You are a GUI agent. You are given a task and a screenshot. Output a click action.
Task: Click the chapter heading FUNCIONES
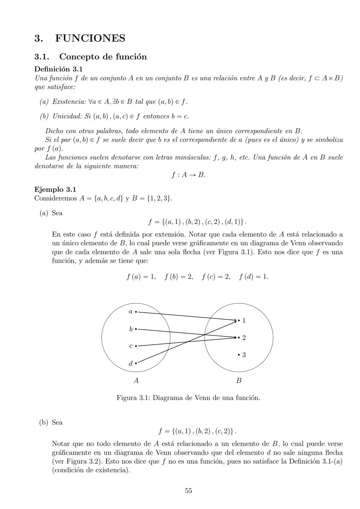90,38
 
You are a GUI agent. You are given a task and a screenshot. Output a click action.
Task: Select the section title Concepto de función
103,57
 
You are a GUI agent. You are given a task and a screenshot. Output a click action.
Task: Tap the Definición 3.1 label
58,69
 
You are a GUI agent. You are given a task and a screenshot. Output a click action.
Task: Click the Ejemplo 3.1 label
55,189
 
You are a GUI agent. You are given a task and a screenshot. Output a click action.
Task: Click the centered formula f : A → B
188,175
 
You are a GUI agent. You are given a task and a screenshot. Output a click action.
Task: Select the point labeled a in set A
136,312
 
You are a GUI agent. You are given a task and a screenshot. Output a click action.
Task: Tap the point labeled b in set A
136,329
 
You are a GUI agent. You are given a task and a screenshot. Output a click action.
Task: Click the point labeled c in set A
136,346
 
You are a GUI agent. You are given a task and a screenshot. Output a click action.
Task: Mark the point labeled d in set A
136,363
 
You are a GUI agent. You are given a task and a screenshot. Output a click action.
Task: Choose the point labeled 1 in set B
239,321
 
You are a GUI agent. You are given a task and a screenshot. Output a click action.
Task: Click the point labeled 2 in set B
239,338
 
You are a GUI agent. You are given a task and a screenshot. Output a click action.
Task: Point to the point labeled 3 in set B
239,355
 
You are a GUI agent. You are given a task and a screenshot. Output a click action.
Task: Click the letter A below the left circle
136,380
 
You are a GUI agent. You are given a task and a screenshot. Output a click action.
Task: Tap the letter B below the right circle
239,380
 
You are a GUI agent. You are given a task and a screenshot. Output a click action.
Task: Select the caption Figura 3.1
188,398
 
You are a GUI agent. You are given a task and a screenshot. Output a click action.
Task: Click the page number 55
188,491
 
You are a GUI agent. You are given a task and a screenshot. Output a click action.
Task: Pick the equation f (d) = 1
253,277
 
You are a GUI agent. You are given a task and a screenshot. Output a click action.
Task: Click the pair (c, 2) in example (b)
224,431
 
